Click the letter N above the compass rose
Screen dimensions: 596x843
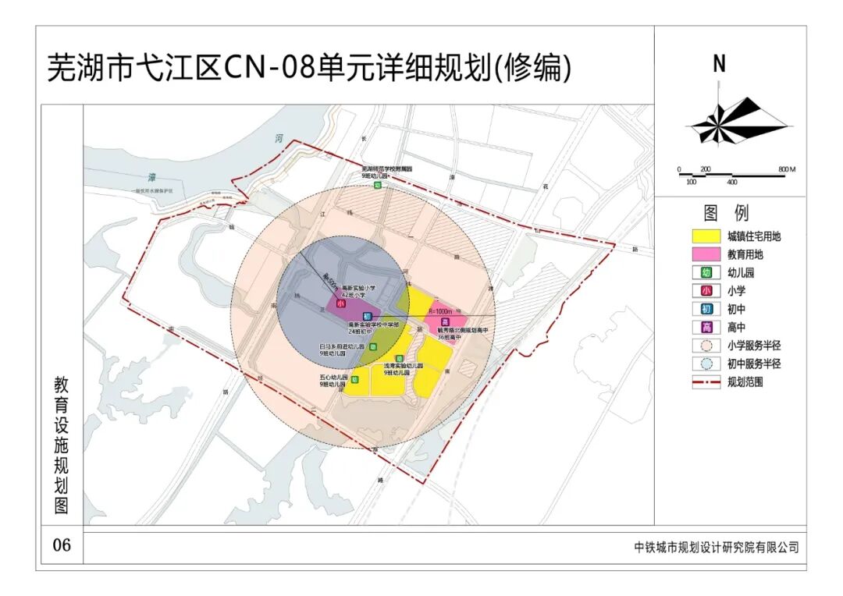[719, 65]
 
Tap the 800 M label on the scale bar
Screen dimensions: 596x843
[786, 169]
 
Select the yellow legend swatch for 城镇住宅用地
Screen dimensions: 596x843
[706, 236]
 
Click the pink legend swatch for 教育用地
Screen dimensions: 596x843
[706, 254]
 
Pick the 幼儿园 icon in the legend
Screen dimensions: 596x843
[706, 273]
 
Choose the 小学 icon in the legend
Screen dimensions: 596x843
[706, 291]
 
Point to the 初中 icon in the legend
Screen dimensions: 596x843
[706, 309]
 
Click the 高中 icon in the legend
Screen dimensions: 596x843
[706, 328]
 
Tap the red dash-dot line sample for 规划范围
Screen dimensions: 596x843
[706, 382]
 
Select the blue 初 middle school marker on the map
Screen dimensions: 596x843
[367, 315]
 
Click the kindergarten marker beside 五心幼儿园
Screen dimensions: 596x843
[354, 380]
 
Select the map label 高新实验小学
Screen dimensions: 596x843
[358, 288]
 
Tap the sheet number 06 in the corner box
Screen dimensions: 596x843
[62, 545]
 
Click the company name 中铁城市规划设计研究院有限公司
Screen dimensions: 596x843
[716, 548]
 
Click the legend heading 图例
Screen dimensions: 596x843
[726, 213]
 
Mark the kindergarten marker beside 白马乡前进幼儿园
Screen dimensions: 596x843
[373, 346]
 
